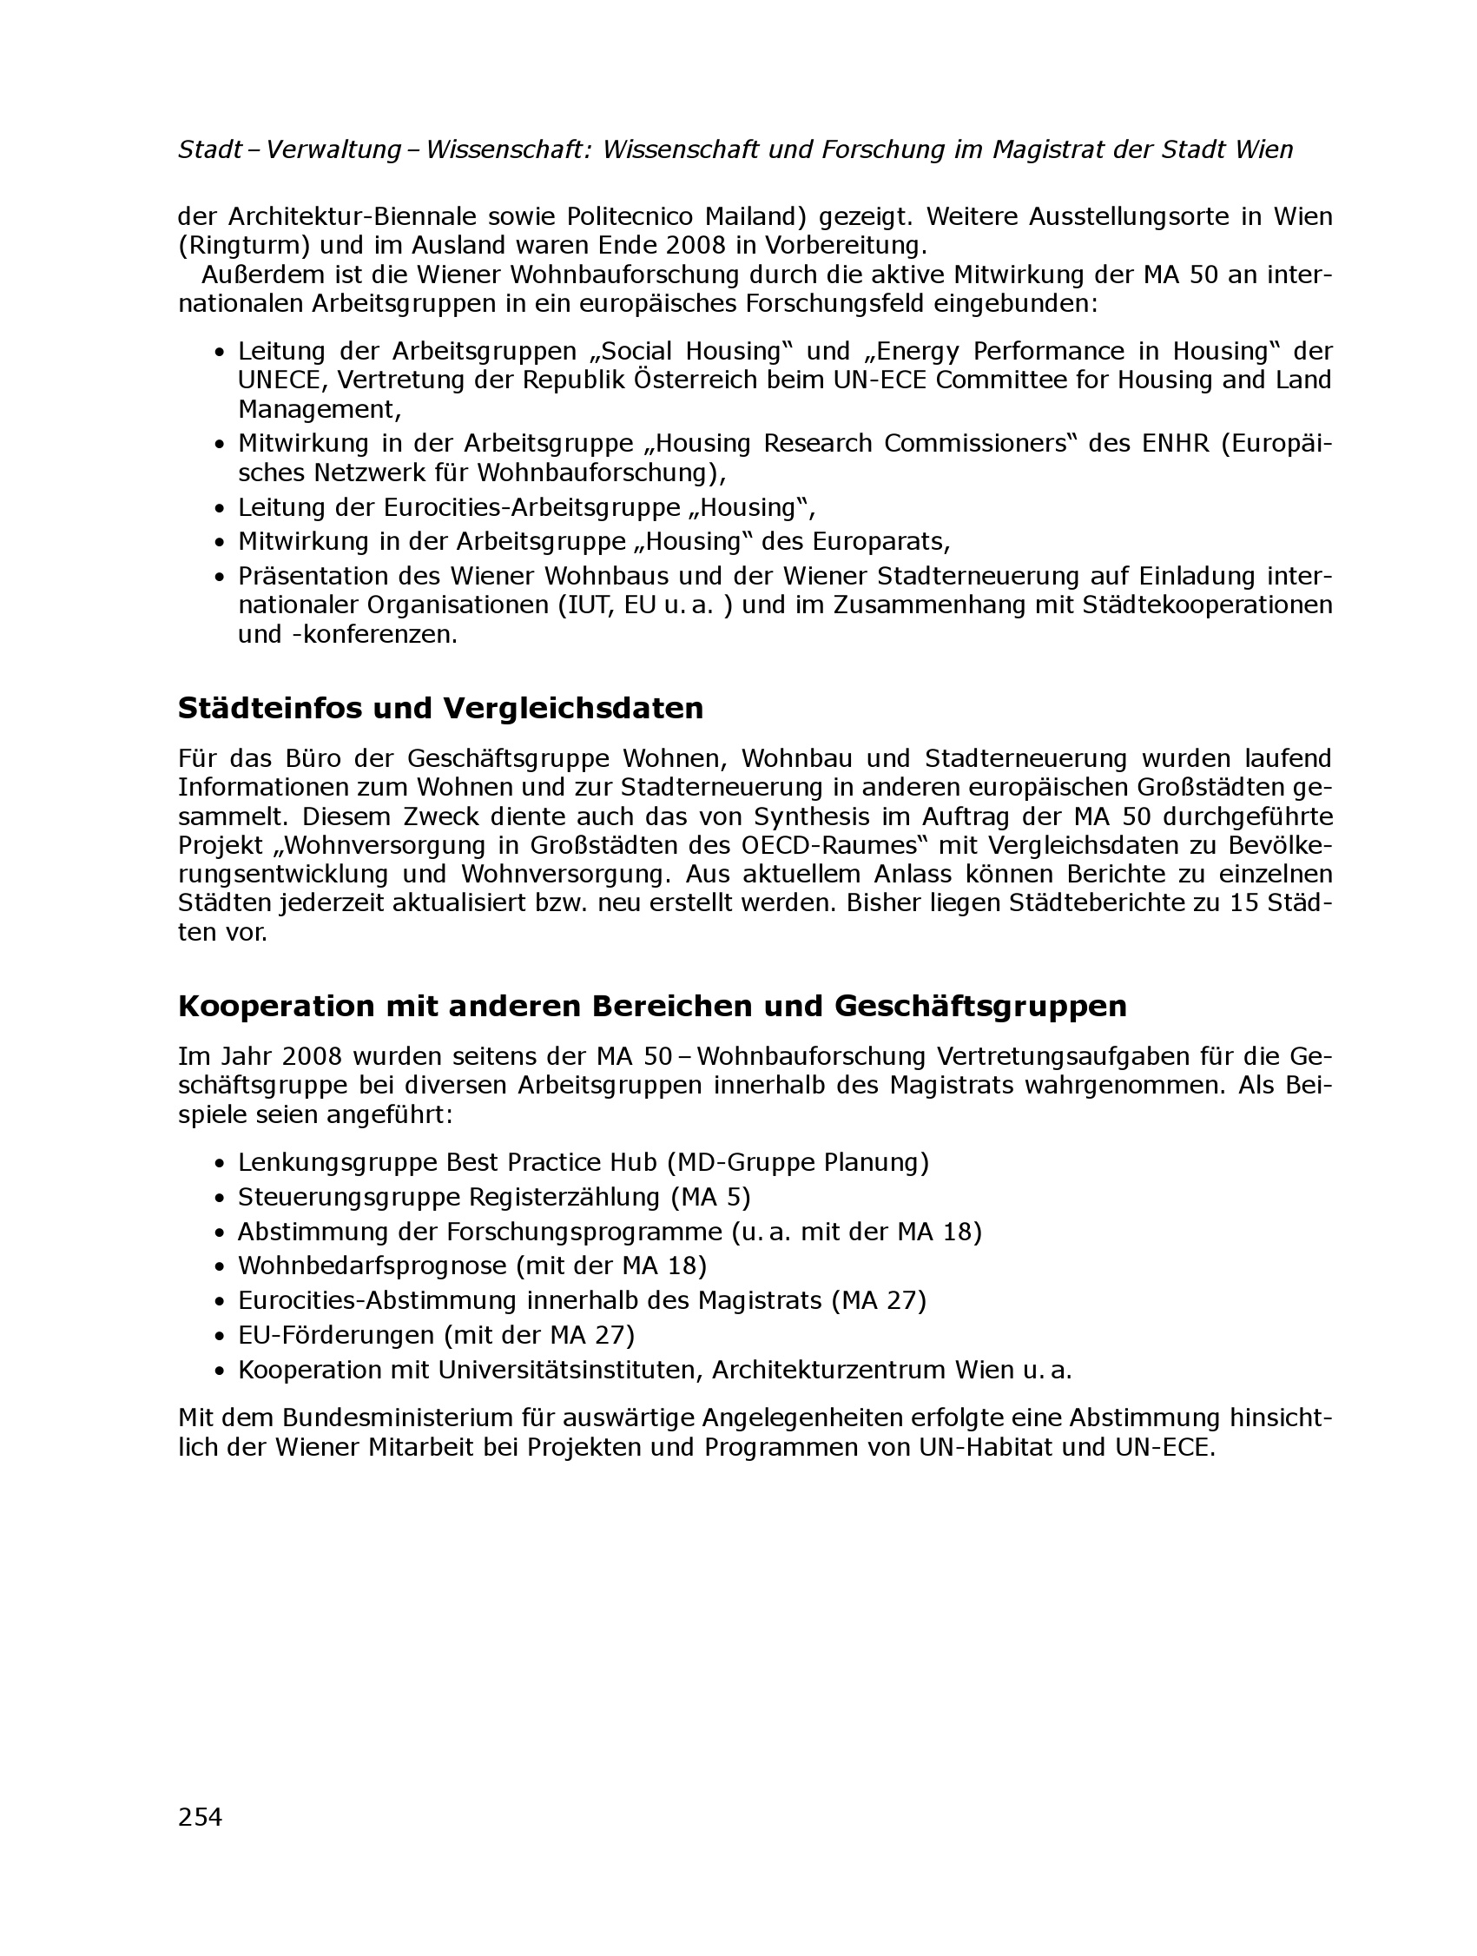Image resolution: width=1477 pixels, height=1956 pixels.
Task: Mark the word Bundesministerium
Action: [x=398, y=1418]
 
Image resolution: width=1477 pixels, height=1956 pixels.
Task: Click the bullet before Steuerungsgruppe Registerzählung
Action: [x=221, y=1197]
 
